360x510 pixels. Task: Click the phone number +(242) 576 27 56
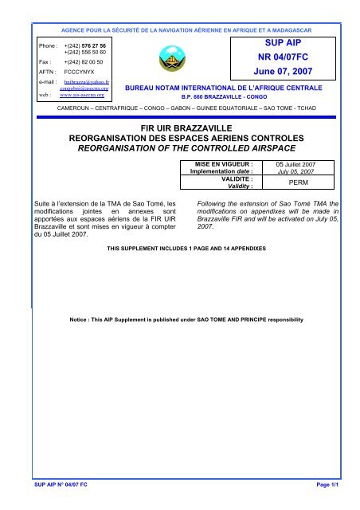[x=86, y=47]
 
